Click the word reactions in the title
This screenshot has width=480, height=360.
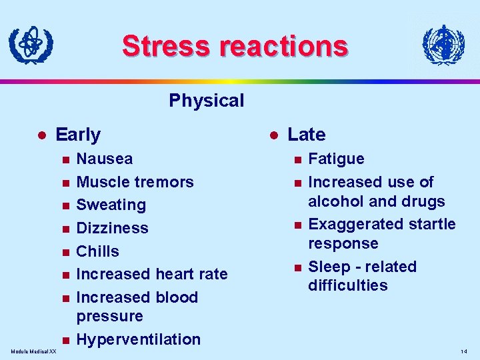click(283, 46)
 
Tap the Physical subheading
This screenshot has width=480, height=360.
click(207, 101)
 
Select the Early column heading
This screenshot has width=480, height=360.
click(78, 135)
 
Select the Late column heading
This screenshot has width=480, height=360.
click(306, 135)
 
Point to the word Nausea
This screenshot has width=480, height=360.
click(105, 159)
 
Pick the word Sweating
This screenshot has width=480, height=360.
click(111, 205)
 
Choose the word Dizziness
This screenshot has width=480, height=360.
click(113, 228)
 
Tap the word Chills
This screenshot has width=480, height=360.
click(98, 251)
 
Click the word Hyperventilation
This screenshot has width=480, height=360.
click(139, 339)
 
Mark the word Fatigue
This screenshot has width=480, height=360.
click(336, 159)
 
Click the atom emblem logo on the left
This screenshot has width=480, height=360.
click(31, 45)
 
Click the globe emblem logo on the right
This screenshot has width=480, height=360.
click(443, 45)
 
